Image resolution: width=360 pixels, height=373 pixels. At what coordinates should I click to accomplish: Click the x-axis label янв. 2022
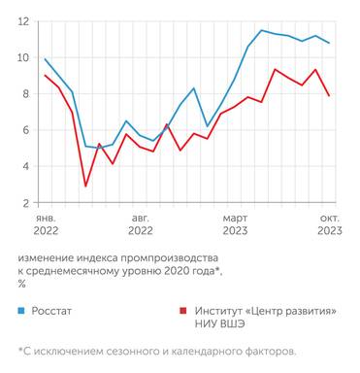point(46,225)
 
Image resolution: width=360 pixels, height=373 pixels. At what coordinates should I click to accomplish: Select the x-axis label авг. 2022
point(140,225)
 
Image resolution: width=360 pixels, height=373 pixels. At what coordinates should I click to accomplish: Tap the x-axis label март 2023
point(235,225)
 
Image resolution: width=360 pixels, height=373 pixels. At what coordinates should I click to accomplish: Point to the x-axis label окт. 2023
point(329,225)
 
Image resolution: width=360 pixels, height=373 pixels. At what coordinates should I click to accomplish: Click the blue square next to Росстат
point(21,311)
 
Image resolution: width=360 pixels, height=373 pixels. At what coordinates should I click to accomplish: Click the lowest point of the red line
point(86,186)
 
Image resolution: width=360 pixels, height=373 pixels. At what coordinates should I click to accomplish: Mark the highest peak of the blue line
point(261,30)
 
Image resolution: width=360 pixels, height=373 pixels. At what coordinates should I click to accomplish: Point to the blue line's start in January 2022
point(46,59)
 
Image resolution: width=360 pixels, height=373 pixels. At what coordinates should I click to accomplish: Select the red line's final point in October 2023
point(329,95)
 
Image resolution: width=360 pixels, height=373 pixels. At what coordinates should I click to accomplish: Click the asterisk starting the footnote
point(20,351)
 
